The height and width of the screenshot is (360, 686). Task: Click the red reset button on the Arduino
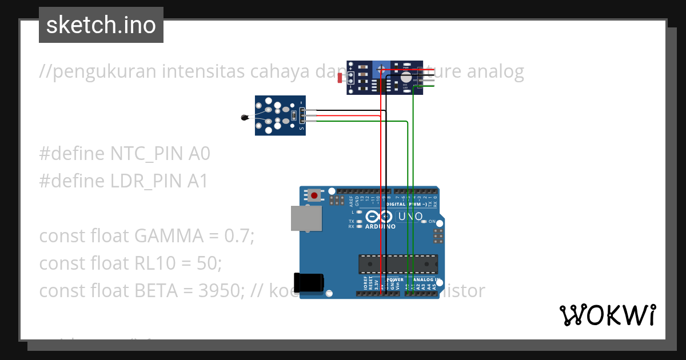(x=314, y=195)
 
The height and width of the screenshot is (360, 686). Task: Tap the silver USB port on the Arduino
(x=306, y=218)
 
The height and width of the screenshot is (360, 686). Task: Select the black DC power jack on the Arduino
(x=309, y=283)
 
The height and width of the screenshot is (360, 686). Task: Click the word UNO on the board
(x=410, y=217)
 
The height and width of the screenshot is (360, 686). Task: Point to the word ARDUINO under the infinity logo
(x=380, y=226)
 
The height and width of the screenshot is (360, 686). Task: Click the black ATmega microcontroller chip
(x=398, y=264)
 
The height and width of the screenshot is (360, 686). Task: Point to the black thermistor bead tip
(x=245, y=118)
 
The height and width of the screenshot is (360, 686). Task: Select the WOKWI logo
(x=608, y=315)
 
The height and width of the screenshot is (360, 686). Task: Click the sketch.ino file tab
(x=101, y=25)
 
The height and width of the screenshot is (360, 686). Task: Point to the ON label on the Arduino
(x=432, y=222)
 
